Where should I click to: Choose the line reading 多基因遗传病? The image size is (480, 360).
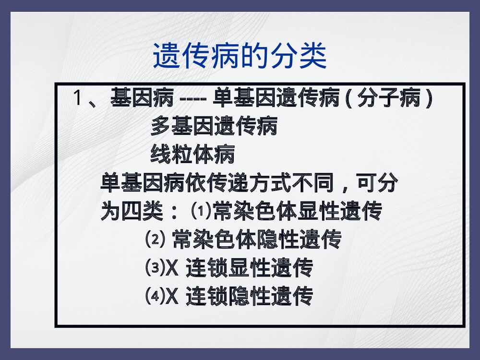[214, 127]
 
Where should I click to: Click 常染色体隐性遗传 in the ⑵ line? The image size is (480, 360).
[257, 239]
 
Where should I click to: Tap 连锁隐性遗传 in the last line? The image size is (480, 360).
[249, 296]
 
